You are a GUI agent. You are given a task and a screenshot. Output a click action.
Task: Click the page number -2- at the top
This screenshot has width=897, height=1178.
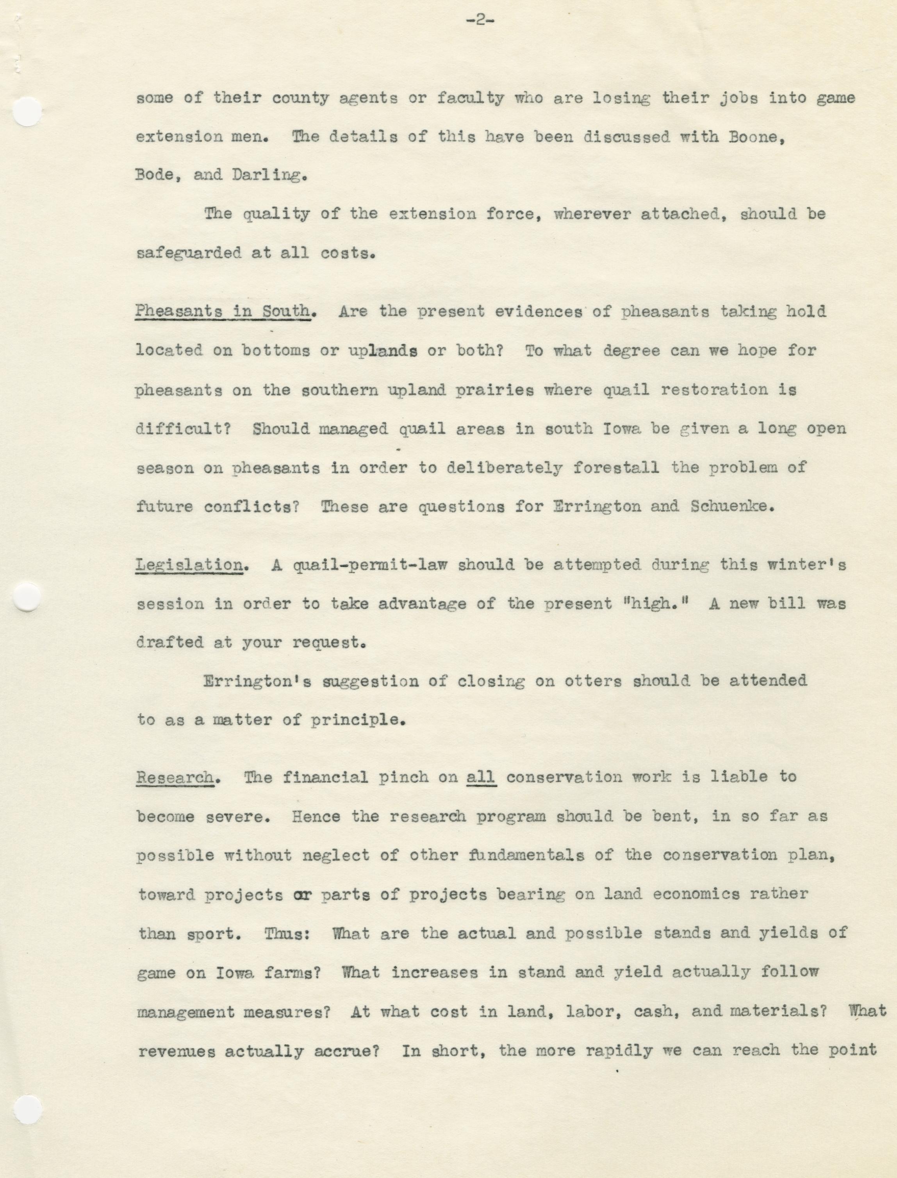[x=480, y=22]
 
